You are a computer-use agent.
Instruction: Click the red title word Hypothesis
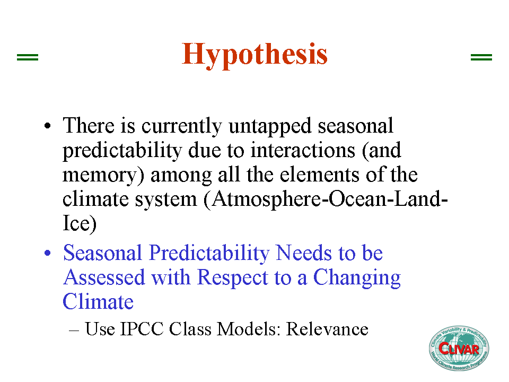[x=254, y=55]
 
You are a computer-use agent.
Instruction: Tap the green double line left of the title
[x=28, y=57]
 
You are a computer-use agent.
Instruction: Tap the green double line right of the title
[x=481, y=57]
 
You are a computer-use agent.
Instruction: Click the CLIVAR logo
[x=459, y=348]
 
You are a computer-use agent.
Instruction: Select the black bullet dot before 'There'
[x=48, y=126]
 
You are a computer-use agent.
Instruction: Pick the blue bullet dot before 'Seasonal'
[x=48, y=253]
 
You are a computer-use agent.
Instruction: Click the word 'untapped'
[x=270, y=126]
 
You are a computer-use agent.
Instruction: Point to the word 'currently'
[x=182, y=126]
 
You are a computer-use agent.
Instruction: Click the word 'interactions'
[x=303, y=150]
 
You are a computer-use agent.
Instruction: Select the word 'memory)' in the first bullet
[x=103, y=176]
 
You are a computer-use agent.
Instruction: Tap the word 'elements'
[x=319, y=175]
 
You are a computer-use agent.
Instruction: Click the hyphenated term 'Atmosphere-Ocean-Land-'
[x=326, y=199]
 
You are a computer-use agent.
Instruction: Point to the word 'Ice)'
[x=80, y=223]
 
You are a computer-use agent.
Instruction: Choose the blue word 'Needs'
[x=304, y=253]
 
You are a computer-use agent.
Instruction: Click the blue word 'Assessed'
[x=104, y=277]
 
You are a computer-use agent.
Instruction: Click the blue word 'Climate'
[x=98, y=302]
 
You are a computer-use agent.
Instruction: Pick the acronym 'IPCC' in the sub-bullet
[x=142, y=329]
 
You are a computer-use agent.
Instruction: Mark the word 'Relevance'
[x=327, y=329]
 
